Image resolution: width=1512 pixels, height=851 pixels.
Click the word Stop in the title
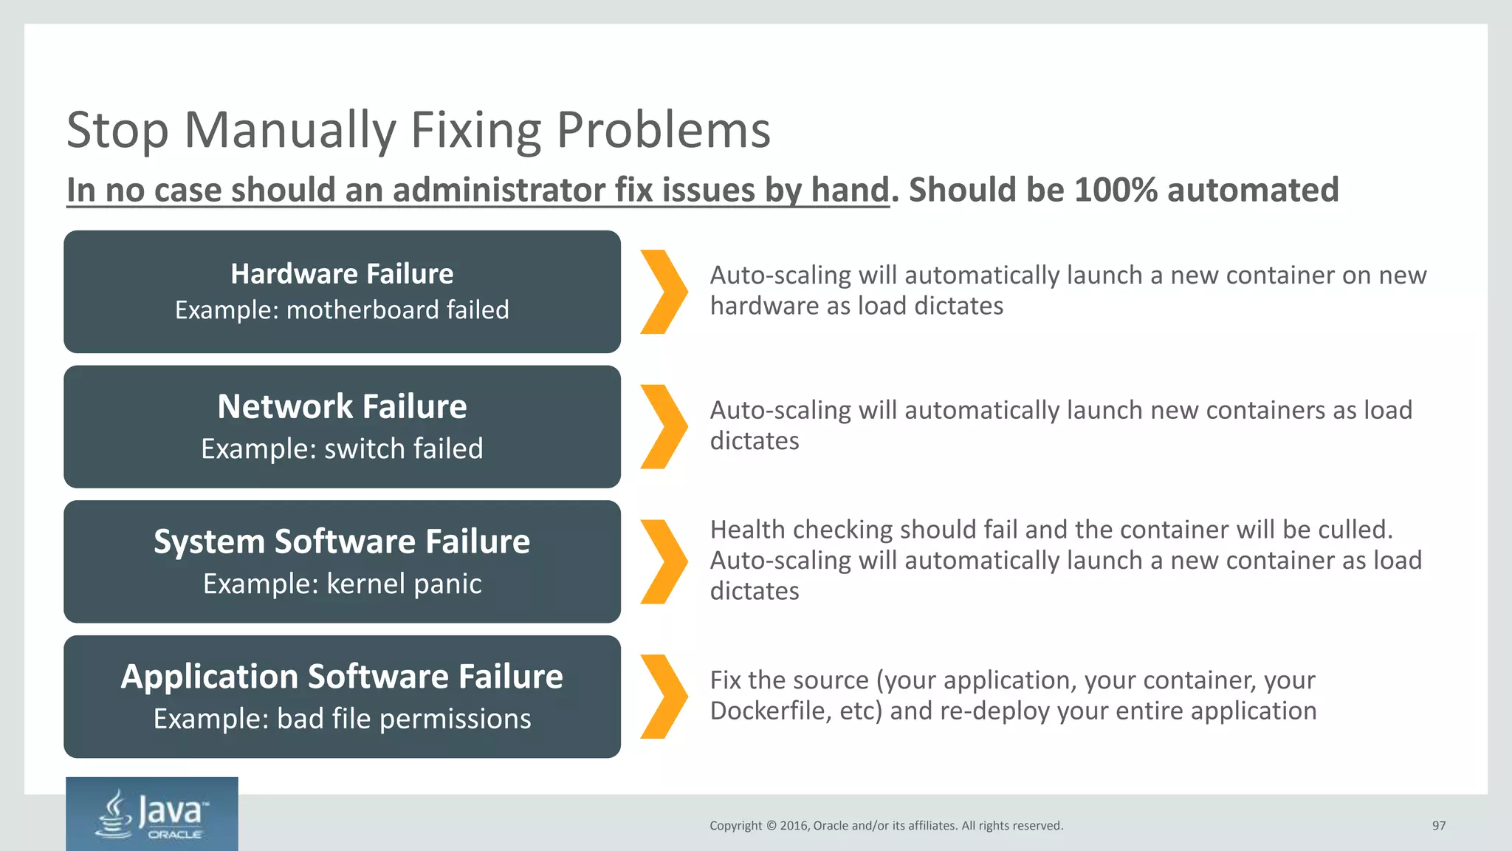[117, 131]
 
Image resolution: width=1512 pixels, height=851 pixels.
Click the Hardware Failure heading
[342, 274]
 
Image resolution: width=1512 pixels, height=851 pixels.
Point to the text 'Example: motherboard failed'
[342, 310]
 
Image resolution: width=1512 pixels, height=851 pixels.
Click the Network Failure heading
[342, 407]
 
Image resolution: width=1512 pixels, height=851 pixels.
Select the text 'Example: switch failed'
[342, 448]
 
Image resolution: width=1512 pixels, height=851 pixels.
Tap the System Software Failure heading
[342, 541]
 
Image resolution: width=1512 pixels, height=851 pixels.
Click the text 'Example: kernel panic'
[342, 584]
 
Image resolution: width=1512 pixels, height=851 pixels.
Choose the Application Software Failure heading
[342, 677]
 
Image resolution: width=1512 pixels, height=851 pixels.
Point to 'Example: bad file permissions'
[342, 719]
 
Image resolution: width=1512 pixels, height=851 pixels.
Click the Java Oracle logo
[152, 814]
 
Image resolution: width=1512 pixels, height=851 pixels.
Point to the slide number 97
[1438, 826]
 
